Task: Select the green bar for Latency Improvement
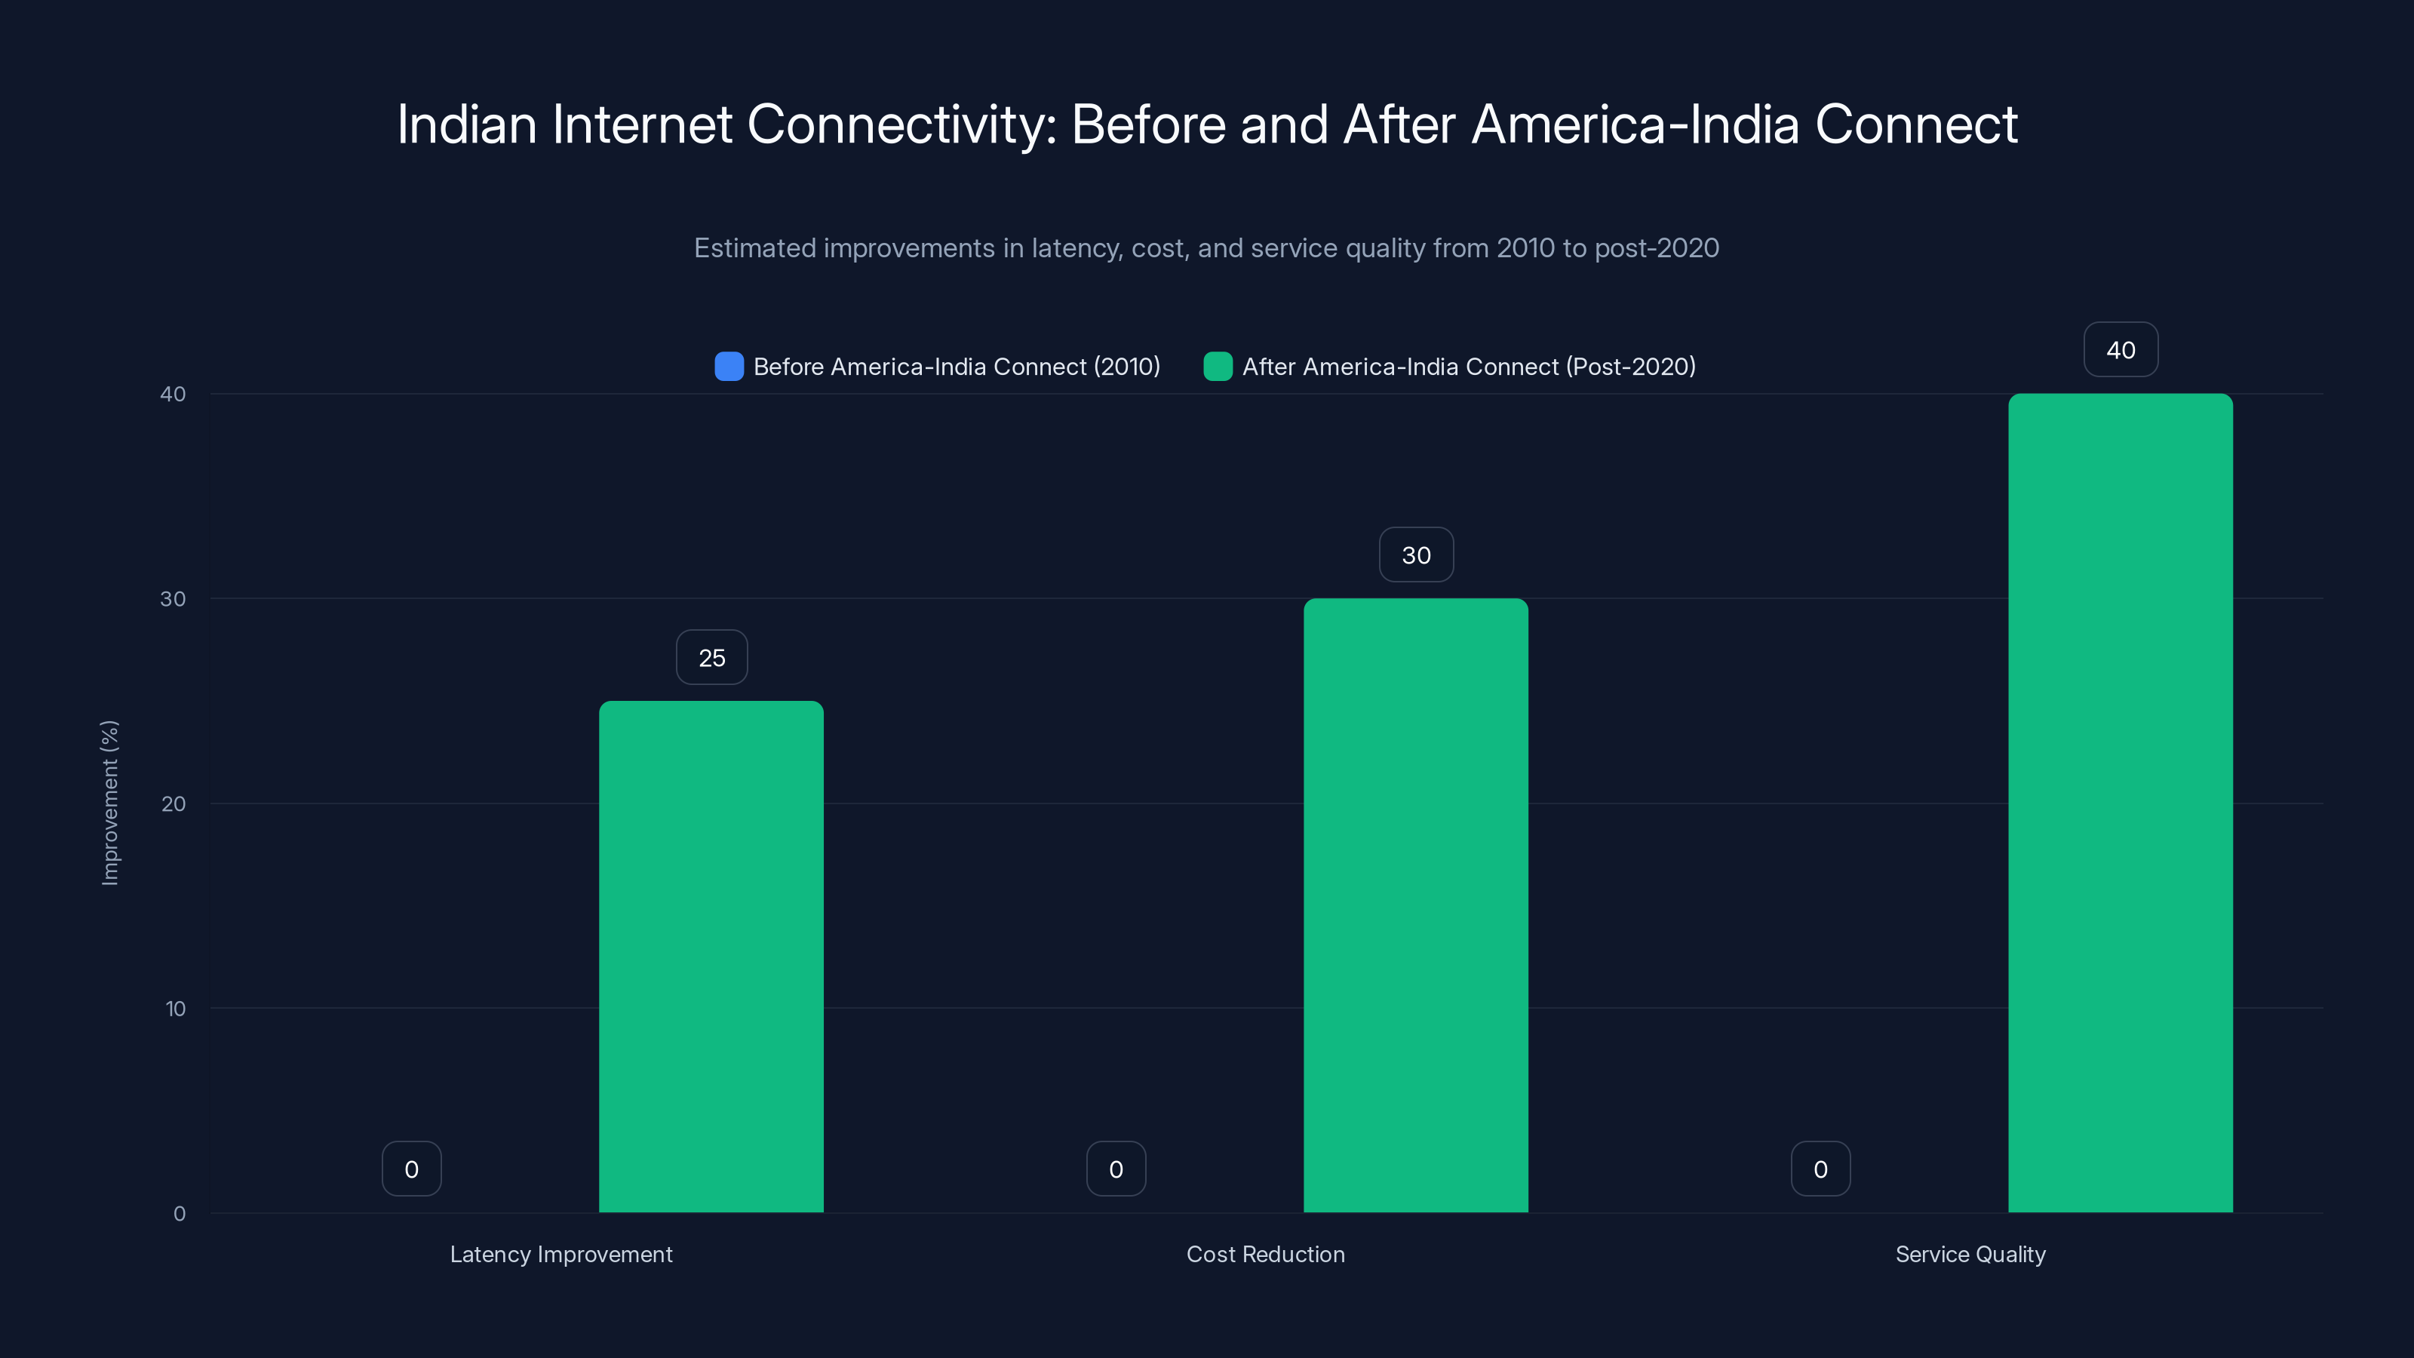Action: coord(711,956)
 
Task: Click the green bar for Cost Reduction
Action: coord(1415,905)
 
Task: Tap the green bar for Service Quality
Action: coord(2120,802)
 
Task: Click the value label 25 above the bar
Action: coord(711,658)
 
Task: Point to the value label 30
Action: coord(1415,555)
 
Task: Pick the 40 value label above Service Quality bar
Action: coord(2120,349)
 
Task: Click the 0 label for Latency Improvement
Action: coord(411,1169)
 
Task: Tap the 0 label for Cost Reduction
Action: coord(1115,1169)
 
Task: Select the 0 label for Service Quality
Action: coord(1820,1169)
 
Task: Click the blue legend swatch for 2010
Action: coord(729,367)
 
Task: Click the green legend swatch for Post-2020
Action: coord(1218,367)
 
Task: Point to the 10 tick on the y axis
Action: coord(175,1009)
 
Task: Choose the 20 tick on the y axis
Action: coord(174,803)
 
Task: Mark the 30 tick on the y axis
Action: coord(174,599)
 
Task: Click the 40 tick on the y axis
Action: coord(174,394)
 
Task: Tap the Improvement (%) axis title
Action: coord(109,802)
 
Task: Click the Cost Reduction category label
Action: coord(1265,1254)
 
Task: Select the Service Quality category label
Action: coord(1970,1254)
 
